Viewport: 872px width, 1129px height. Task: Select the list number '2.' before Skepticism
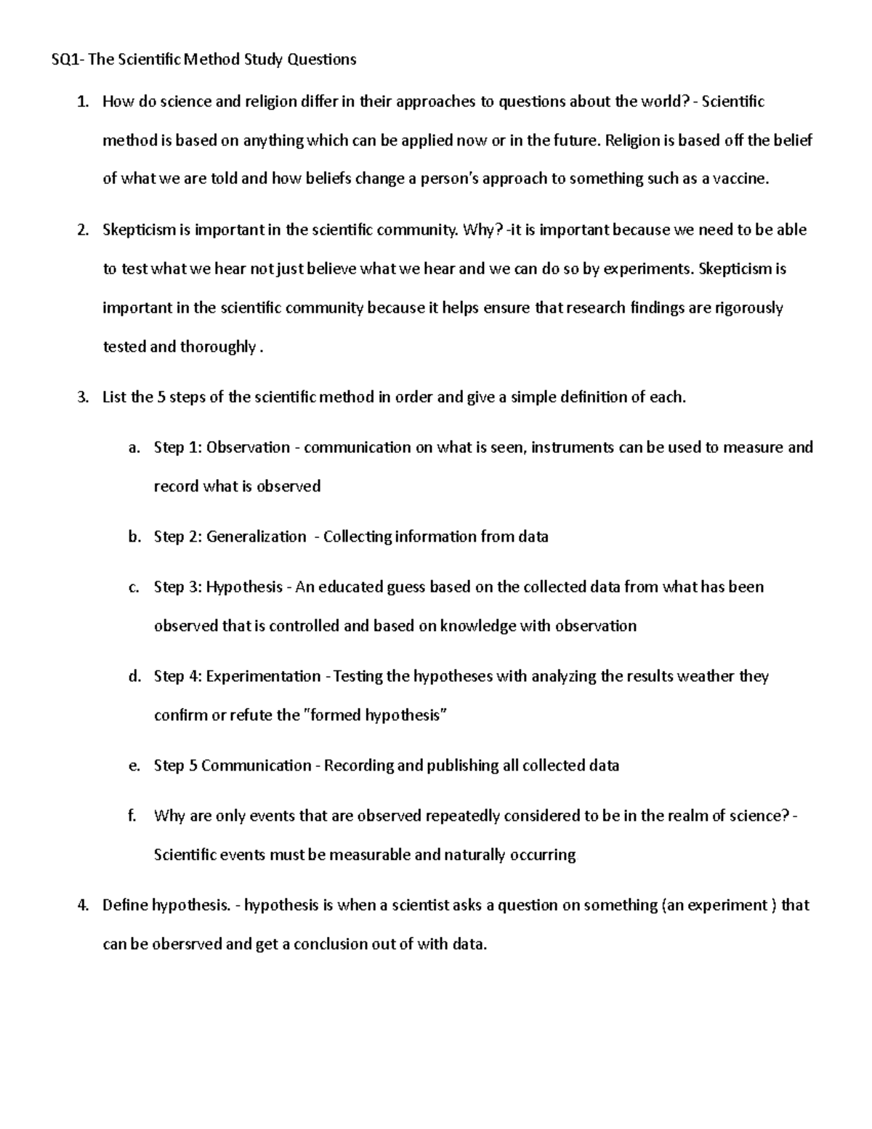[x=83, y=230]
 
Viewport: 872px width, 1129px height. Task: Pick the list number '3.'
[x=83, y=398]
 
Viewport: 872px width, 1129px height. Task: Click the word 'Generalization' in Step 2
[x=256, y=537]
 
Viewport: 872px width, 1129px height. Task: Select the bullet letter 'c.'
[x=134, y=587]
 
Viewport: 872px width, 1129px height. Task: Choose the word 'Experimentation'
[x=263, y=677]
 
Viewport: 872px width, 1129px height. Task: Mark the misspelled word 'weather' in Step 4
[x=706, y=677]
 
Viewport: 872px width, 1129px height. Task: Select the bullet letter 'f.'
[x=132, y=816]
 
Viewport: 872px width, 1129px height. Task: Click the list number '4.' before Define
[x=83, y=906]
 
